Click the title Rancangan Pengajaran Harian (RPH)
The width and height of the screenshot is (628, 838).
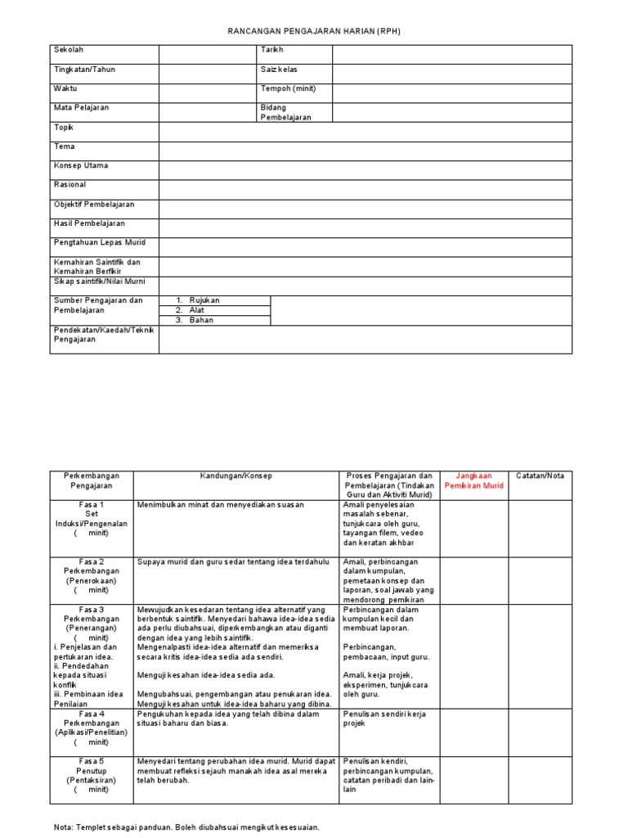coord(314,31)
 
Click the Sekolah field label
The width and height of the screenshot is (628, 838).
coord(69,51)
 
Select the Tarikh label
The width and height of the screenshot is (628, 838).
coord(271,51)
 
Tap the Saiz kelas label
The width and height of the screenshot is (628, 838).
coord(279,70)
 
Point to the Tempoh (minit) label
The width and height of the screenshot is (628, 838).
coord(288,88)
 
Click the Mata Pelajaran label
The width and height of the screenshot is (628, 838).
coord(82,107)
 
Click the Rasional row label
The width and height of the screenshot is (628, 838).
coord(70,184)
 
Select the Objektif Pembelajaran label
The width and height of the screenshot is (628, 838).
coord(94,204)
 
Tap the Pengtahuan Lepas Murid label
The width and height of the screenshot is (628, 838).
coord(100,242)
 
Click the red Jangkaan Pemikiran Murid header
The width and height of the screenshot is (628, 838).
coord(473,480)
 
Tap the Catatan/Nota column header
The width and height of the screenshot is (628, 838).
coord(540,475)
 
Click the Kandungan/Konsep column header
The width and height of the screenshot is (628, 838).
coord(236,475)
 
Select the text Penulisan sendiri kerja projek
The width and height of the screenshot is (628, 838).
coord(384,719)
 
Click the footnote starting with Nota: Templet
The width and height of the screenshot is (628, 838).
coord(186,827)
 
